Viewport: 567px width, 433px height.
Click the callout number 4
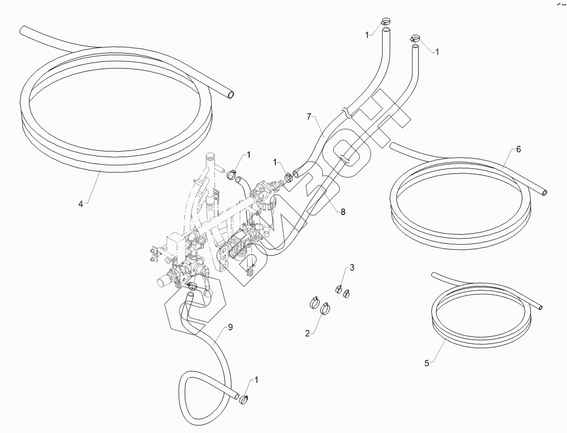pos(81,204)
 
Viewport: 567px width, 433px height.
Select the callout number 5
pos(427,364)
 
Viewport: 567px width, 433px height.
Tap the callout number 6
pos(519,149)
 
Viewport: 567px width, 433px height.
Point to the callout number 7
pos(309,117)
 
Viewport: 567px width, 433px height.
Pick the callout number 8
pos(343,212)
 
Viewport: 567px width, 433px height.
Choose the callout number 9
pos(230,327)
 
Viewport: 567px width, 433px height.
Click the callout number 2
pos(307,333)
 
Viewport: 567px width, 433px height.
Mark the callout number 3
pos(352,268)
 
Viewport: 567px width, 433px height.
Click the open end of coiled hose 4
pos(230,95)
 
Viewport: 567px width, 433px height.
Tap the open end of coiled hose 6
pos(544,192)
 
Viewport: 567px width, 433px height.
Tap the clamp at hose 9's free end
pos(245,400)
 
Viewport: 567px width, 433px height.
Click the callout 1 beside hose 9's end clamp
pos(257,380)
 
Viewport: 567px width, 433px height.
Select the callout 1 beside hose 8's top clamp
pos(436,52)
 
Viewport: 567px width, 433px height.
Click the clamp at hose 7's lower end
pos(288,178)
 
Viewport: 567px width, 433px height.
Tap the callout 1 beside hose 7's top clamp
pos(367,34)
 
